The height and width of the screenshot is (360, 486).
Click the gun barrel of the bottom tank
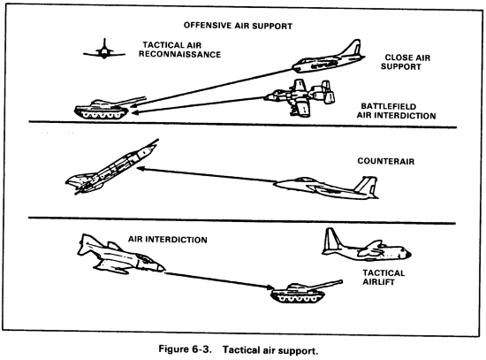(317, 281)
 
